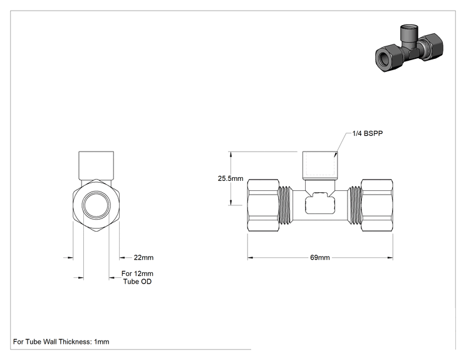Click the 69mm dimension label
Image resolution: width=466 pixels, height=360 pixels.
[x=320, y=257]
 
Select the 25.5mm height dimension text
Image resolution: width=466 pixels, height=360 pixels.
[x=230, y=178]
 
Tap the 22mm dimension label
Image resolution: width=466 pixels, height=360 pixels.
[x=143, y=257]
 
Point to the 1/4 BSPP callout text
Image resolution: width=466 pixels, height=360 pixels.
[x=367, y=133]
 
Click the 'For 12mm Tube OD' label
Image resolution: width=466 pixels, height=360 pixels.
[x=137, y=277]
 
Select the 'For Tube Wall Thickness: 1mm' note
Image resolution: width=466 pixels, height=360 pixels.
[x=61, y=342]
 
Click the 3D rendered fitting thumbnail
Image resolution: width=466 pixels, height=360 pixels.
[x=409, y=48]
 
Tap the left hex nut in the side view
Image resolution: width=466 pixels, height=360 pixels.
[x=263, y=205]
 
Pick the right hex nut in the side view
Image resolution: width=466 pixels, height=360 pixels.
[x=377, y=205]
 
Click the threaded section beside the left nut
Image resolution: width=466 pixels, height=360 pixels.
[x=286, y=205]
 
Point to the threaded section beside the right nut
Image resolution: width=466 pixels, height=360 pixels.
[x=355, y=205]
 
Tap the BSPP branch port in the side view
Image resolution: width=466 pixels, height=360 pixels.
[x=320, y=165]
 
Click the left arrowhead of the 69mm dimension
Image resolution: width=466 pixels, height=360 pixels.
[x=250, y=257]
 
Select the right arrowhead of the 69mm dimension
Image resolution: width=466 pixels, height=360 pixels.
[x=390, y=257]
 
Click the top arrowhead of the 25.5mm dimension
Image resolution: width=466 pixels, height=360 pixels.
[x=230, y=154]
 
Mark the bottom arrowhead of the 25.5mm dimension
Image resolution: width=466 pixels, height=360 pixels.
[x=230, y=202]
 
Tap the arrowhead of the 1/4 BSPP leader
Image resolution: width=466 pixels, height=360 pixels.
[x=336, y=155]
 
